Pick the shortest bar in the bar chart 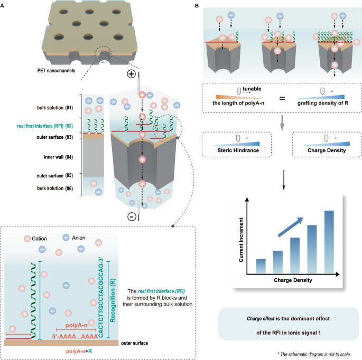pyautogui.click(x=261, y=266)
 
